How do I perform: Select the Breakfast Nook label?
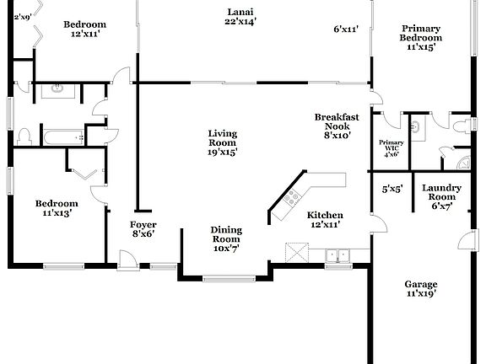pos(332,126)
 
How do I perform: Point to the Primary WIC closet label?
pos(391,148)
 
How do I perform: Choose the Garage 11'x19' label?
pos(419,289)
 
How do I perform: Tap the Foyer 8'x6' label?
pos(143,230)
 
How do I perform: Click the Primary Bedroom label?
pos(421,38)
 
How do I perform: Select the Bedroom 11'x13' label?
pos(57,208)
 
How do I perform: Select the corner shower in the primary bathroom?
pos(463,160)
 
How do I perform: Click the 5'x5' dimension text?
pos(391,190)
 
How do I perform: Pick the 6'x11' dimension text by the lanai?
pos(346,29)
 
